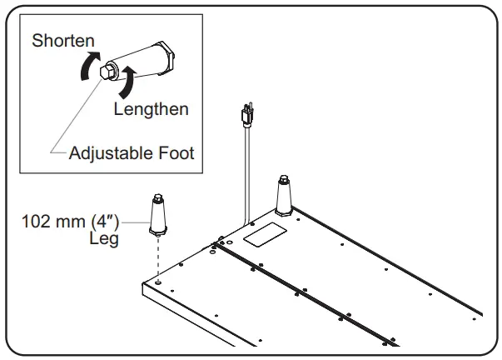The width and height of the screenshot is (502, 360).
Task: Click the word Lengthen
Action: pyautogui.click(x=152, y=109)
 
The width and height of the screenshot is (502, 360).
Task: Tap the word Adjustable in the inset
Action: pyautogui.click(x=107, y=153)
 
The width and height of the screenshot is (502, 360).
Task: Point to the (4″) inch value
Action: pyautogui.click(x=105, y=222)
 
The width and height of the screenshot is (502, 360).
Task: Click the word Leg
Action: pyautogui.click(x=104, y=238)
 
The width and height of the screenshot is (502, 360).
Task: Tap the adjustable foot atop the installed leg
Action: pyautogui.click(x=284, y=178)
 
